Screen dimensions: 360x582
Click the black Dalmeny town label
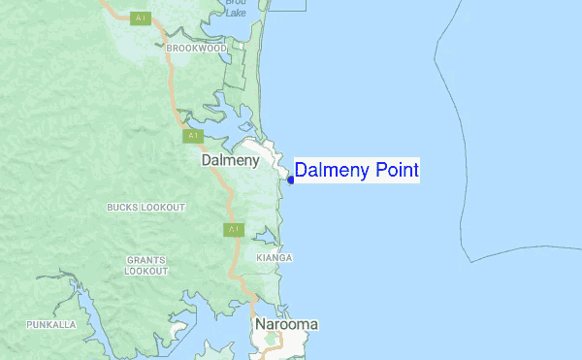[x=229, y=161]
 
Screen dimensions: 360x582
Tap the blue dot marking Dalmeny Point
[x=291, y=179]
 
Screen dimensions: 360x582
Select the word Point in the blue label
[x=393, y=171]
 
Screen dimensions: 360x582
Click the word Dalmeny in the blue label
[x=328, y=171]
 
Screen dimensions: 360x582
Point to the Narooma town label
[x=286, y=324]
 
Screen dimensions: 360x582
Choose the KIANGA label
[x=275, y=258]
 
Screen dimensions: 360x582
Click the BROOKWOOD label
[x=196, y=48]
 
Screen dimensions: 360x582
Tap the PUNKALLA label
[x=51, y=324]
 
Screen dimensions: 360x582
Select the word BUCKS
[x=122, y=208]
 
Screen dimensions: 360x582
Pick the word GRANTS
[x=145, y=260]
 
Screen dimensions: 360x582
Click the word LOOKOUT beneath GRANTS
[x=145, y=271]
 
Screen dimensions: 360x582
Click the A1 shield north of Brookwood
[x=142, y=18]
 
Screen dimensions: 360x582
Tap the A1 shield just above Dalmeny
[x=193, y=136]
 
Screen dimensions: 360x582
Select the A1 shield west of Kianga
[x=233, y=230]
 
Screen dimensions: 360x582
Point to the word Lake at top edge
[x=237, y=13]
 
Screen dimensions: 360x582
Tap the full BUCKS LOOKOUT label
[x=145, y=208]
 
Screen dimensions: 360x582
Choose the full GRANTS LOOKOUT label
[x=145, y=265]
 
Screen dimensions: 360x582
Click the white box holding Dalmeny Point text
[x=357, y=171]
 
